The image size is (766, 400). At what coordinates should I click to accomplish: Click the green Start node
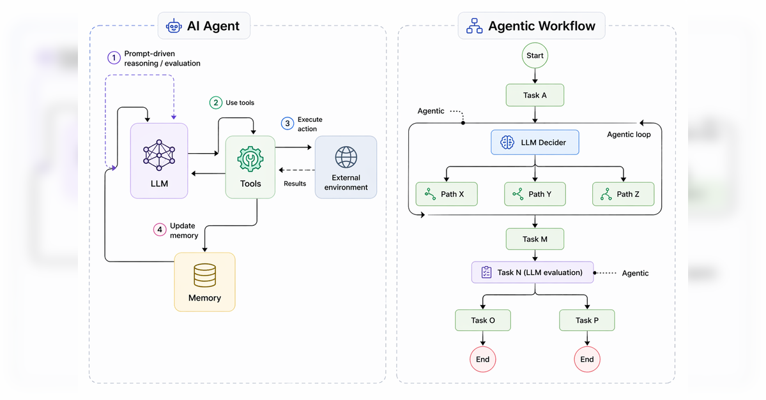click(x=535, y=56)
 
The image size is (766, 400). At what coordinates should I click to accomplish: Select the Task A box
click(x=535, y=95)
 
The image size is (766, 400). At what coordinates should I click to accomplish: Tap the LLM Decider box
click(x=535, y=142)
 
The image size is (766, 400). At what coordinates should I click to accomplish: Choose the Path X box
click(x=447, y=194)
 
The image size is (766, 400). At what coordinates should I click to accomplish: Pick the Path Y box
click(x=535, y=194)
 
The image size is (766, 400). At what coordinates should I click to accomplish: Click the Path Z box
click(x=623, y=194)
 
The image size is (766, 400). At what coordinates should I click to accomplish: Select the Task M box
click(x=535, y=239)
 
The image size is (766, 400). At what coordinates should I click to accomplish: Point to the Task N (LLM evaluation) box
click(x=532, y=272)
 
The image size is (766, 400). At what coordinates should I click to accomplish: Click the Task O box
click(x=482, y=320)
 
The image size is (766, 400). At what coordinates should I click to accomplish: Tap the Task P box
click(x=586, y=320)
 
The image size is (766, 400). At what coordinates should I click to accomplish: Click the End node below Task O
click(x=482, y=359)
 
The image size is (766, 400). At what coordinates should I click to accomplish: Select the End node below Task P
click(x=586, y=359)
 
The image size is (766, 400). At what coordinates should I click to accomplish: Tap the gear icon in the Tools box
click(x=250, y=159)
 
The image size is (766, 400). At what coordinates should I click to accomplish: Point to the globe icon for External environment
click(x=346, y=157)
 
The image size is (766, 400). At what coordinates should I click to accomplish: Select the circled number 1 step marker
click(x=114, y=58)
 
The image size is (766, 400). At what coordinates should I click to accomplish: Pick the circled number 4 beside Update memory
click(x=160, y=230)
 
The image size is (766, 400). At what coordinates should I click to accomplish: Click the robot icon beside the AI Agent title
click(x=173, y=26)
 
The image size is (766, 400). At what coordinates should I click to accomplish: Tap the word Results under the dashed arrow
click(x=295, y=184)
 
